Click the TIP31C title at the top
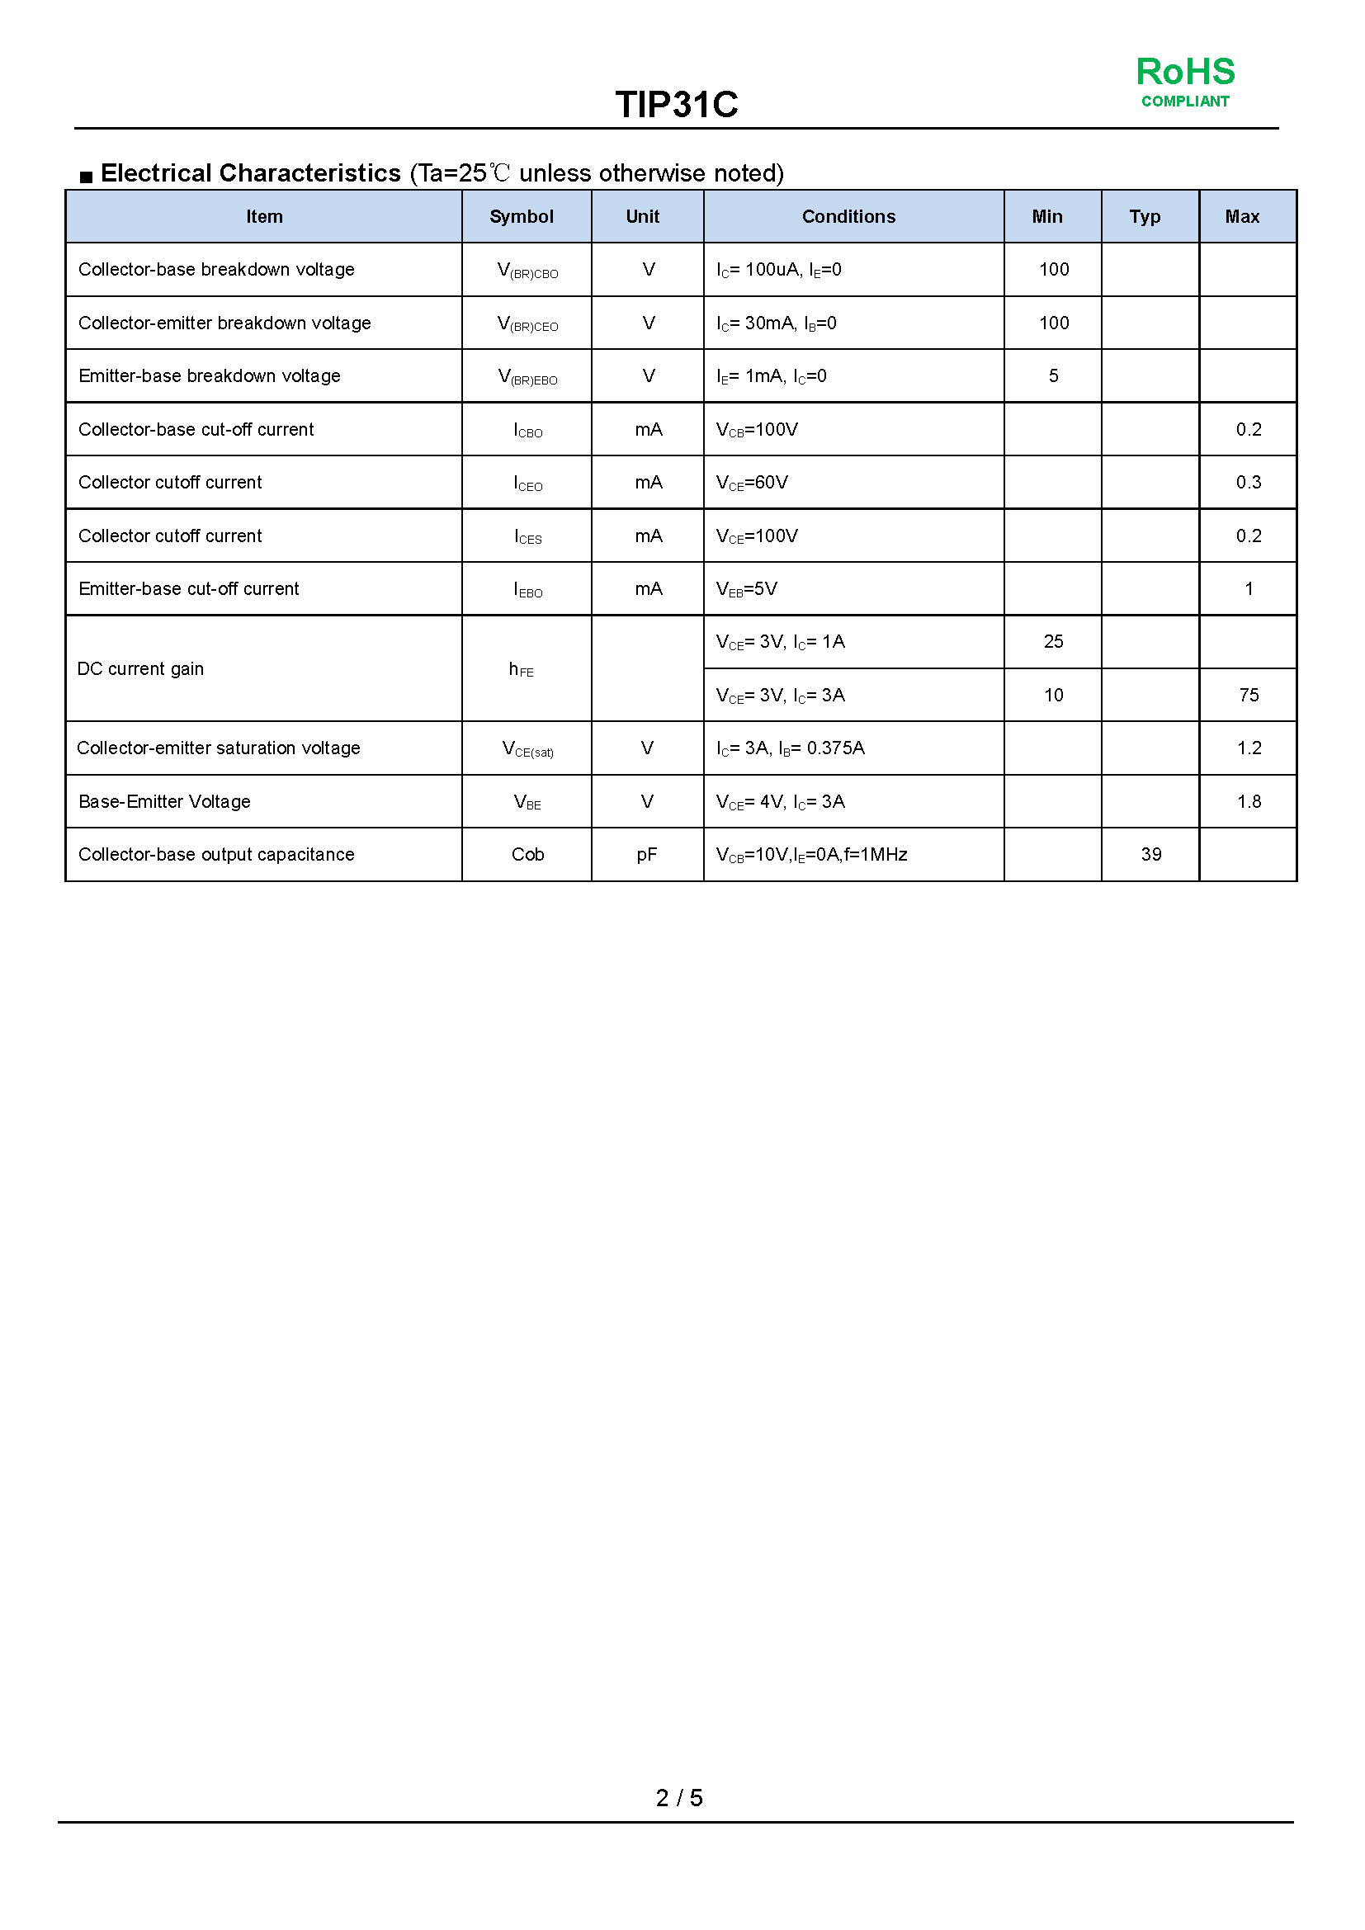pos(677,105)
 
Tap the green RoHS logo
pos(1185,81)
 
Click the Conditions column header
pos(848,217)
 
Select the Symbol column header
pos(521,217)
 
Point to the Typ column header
pos(1145,217)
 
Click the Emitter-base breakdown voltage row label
pos(210,375)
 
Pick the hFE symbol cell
pos(521,669)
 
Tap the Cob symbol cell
pos(528,855)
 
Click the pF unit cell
pos(646,855)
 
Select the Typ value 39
pos(1150,855)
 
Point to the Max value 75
pos(1248,695)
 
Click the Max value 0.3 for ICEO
pos(1248,483)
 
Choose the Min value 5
pos(1053,375)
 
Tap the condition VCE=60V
pos(753,483)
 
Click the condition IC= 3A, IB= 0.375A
pos(790,748)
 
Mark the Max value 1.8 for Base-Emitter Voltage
pos(1248,802)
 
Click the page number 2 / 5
pos(679,1798)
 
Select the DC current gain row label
pos(140,669)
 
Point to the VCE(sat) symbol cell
pos(528,749)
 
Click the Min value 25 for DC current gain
pos(1053,642)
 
